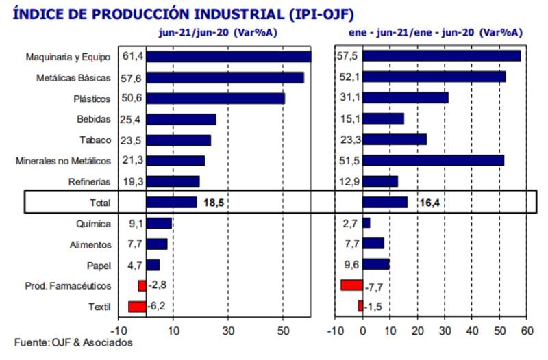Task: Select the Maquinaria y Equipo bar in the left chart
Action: coord(228,57)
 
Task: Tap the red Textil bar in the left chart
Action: coord(137,307)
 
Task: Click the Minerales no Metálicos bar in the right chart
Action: coord(433,161)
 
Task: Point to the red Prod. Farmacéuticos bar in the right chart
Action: coord(351,285)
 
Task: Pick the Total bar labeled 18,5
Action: coord(171,203)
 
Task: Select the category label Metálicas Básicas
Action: coord(73,78)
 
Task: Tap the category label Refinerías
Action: coord(90,182)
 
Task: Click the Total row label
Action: coord(99,203)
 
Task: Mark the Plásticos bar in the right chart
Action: coord(406,98)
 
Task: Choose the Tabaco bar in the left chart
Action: coord(178,140)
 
